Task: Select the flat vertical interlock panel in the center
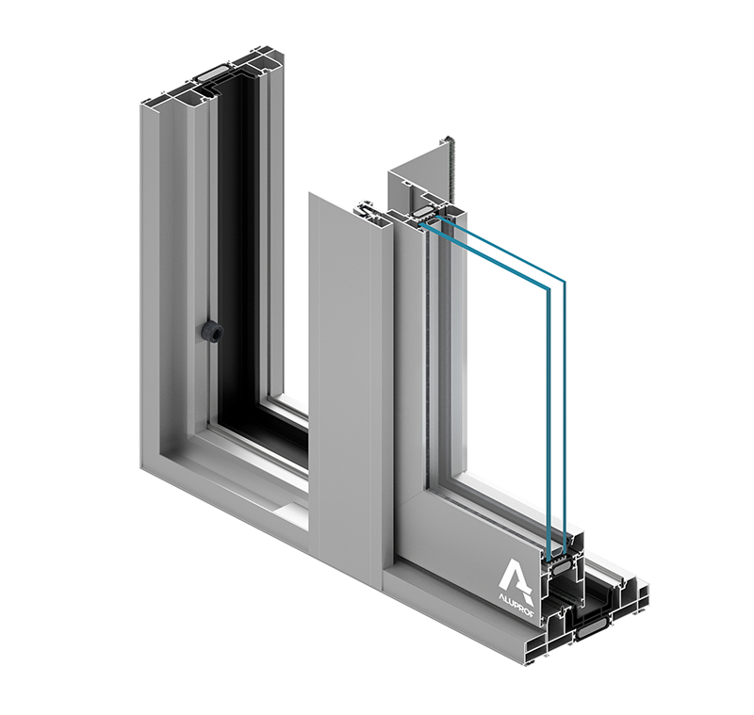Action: (344, 377)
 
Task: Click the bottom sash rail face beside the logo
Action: (462, 537)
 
